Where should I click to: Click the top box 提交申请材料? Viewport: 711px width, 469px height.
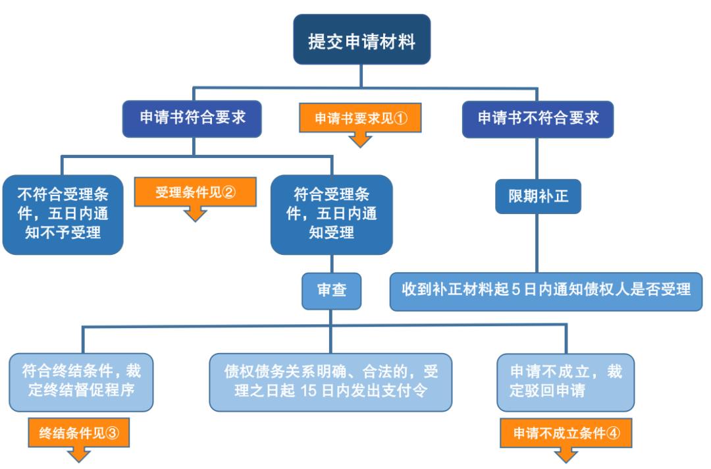point(361,40)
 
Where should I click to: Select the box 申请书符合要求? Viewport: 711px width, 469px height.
point(192,119)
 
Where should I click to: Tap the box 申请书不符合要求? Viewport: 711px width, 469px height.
point(538,119)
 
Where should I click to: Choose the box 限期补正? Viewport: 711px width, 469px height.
point(538,196)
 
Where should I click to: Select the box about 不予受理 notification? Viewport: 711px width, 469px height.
point(63,213)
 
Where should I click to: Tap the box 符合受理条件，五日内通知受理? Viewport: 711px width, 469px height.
point(332,213)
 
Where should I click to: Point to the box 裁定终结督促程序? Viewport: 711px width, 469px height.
point(82,381)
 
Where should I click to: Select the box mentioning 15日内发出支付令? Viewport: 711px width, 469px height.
point(331,381)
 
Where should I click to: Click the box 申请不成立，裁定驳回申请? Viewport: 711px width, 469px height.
point(567,381)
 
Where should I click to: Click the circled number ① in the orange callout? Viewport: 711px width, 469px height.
point(402,119)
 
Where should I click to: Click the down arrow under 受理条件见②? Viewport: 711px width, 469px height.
point(196,213)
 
